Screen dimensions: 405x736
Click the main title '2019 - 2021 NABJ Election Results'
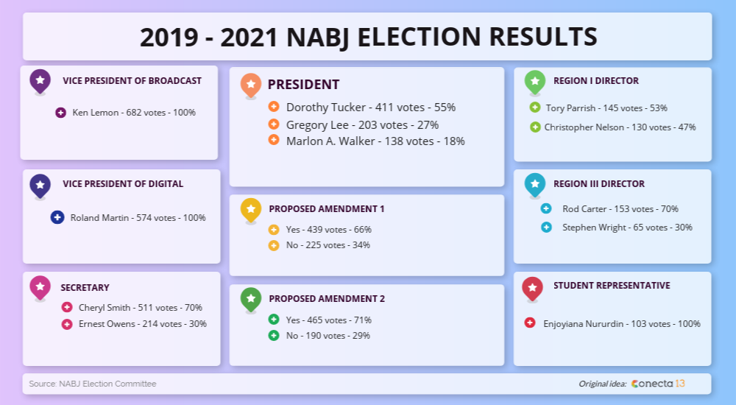[x=367, y=37]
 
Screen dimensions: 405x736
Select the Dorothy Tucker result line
[x=370, y=108]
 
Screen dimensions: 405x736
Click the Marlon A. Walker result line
[x=375, y=141]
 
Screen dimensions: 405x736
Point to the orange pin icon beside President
[x=251, y=85]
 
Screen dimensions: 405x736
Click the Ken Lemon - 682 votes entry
[x=134, y=113]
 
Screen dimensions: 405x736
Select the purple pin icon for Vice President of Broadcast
[x=40, y=80]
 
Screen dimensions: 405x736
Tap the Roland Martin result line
[x=138, y=218]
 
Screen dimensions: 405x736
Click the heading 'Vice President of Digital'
[x=123, y=184]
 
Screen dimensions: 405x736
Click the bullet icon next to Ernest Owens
[x=67, y=324]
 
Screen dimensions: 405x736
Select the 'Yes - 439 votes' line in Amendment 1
[x=328, y=230]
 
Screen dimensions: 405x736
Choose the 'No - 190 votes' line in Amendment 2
[x=328, y=336]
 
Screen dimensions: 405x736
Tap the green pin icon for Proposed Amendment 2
[x=251, y=298]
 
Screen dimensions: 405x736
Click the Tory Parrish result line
[x=606, y=108]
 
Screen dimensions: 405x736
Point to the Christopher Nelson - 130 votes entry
[x=620, y=127]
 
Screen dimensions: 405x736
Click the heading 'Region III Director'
[x=598, y=184]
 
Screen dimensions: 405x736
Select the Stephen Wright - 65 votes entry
[x=627, y=228]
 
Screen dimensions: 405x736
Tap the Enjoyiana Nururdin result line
[x=621, y=323]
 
